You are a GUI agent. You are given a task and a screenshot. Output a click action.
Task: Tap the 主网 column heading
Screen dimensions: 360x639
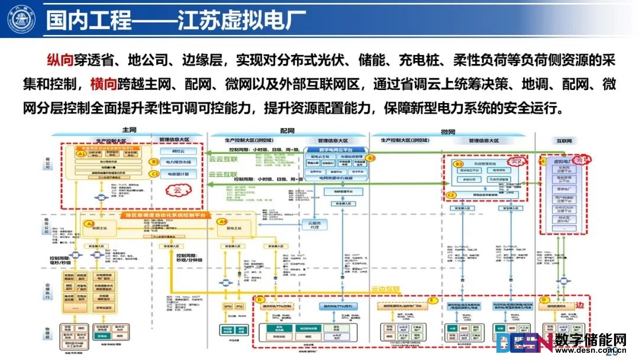point(129,130)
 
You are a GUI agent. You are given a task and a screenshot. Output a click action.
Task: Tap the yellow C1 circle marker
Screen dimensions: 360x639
point(154,174)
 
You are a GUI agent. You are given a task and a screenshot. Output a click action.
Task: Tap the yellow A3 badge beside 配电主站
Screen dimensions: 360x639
point(223,221)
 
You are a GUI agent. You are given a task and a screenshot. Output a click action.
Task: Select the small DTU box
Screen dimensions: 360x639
point(228,307)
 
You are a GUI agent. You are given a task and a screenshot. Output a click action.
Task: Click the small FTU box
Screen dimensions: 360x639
point(240,307)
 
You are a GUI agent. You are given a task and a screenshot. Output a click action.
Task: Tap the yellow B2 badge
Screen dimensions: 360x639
point(371,158)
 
